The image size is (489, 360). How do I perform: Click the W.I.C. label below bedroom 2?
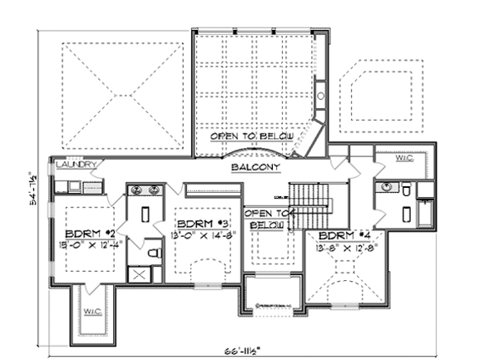coord(91,313)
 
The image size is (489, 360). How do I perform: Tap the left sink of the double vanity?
coord(138,190)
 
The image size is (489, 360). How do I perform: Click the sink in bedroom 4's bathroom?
coord(385,189)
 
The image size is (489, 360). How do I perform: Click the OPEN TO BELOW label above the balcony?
coord(251,136)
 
